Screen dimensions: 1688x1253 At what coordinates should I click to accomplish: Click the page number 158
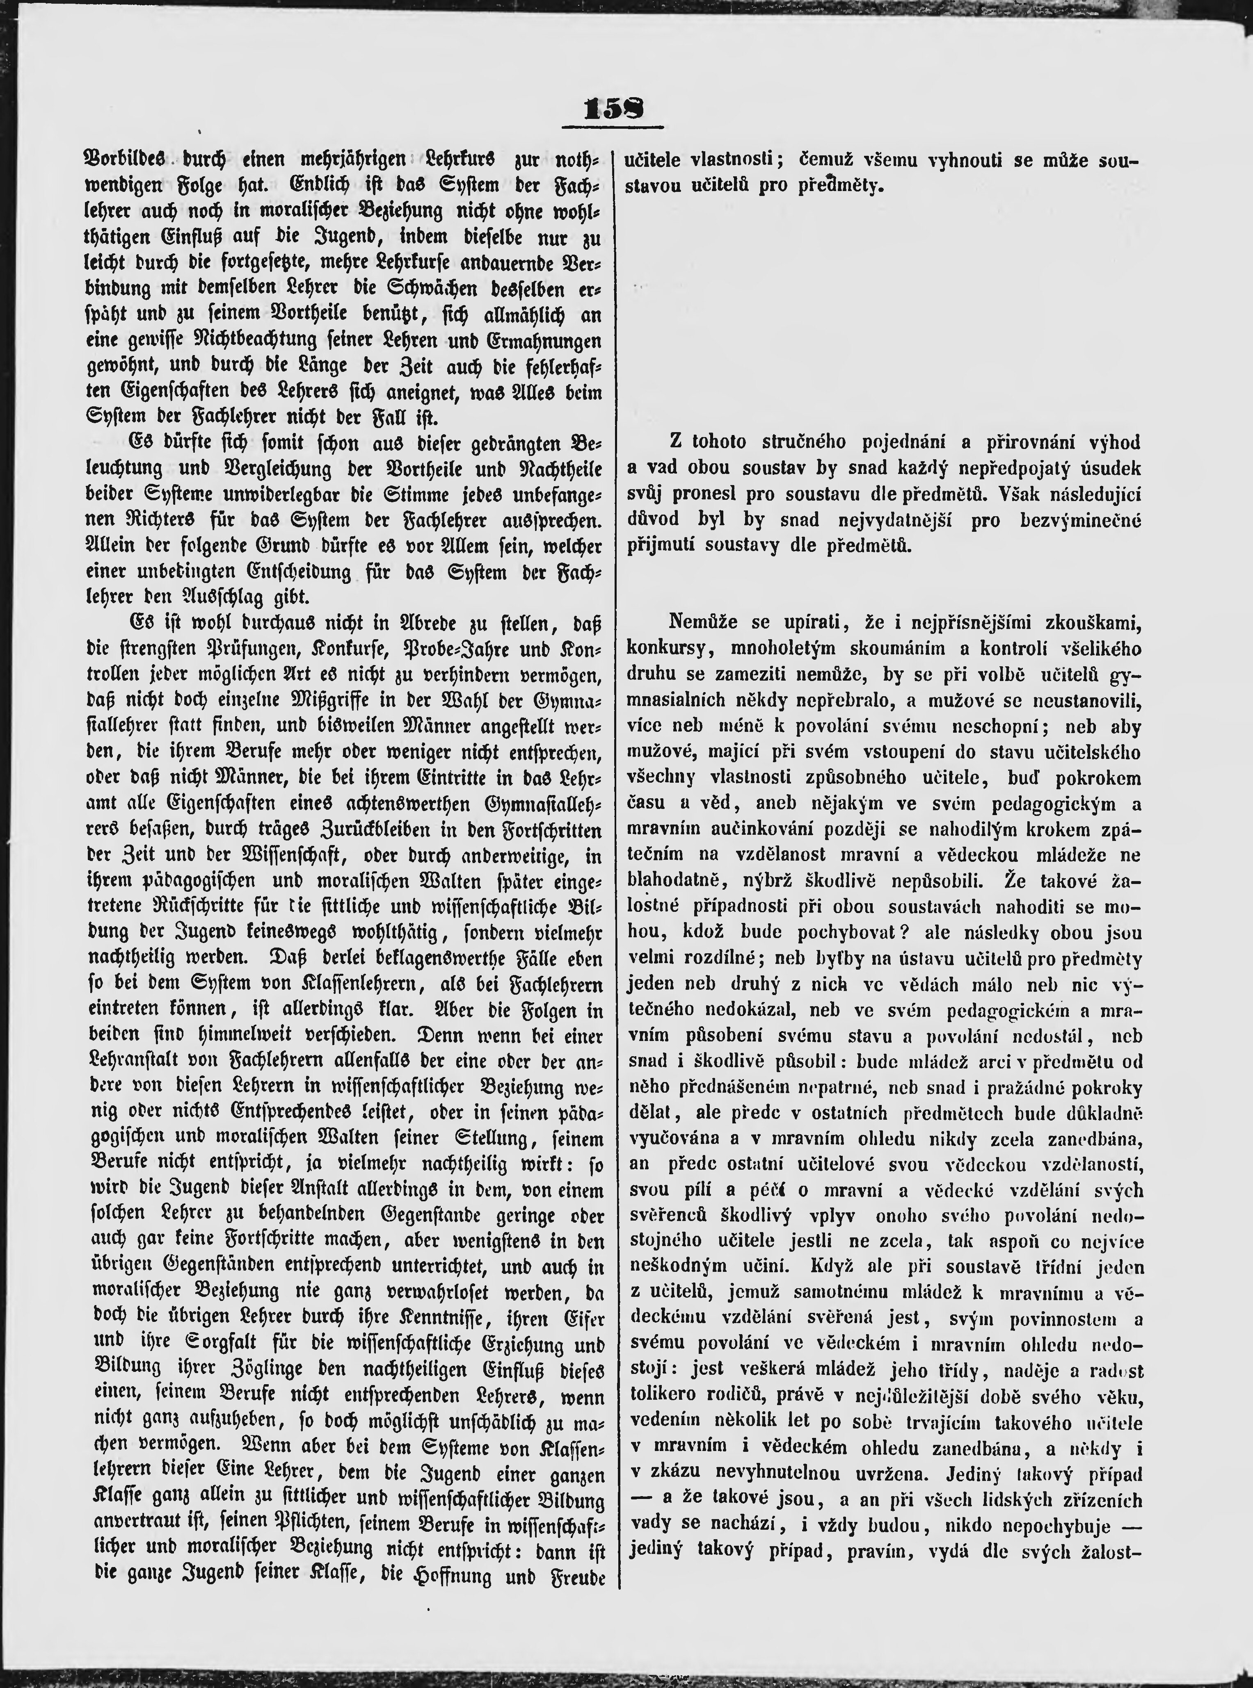point(614,110)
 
